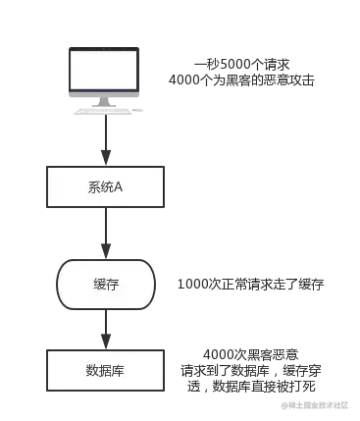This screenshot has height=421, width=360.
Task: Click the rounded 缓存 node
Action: [x=104, y=283]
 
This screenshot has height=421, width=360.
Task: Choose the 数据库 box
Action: [x=104, y=373]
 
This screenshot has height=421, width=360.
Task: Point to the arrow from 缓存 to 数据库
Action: [x=104, y=326]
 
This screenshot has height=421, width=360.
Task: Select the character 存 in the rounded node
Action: [x=111, y=283]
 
